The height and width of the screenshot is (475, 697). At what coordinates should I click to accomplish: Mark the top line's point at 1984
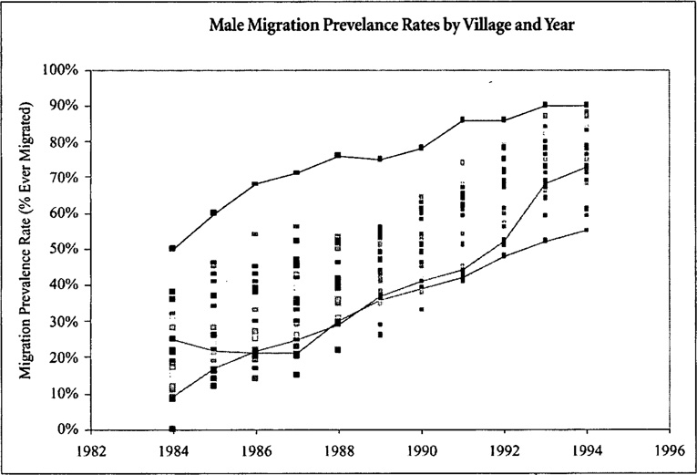[172, 248]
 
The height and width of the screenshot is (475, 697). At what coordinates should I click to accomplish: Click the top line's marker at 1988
[338, 155]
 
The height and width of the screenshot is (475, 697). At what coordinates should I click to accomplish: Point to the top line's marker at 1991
[462, 119]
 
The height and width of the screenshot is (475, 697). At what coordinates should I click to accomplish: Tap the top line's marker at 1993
[545, 105]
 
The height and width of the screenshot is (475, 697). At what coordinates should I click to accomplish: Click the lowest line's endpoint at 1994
[586, 230]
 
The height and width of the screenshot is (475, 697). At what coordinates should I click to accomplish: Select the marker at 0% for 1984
[172, 428]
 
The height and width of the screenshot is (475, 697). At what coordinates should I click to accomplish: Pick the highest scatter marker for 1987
[296, 226]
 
